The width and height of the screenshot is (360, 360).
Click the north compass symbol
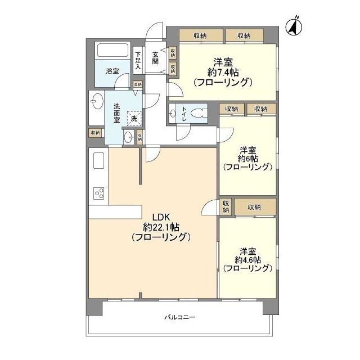pos(294,27)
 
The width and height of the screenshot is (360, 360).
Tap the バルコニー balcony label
pos(180,317)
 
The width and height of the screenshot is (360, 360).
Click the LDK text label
pos(161,217)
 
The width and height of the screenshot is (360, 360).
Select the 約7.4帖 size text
pos(223,73)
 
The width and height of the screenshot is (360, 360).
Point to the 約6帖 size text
pos(247,159)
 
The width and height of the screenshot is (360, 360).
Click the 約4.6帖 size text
pos(247,260)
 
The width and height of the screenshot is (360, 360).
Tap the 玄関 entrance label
pos(155,58)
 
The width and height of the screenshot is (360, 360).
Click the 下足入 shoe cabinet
pos(138,60)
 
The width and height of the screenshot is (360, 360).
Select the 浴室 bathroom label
pos(112,71)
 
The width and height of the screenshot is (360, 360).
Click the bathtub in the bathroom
pos(112,50)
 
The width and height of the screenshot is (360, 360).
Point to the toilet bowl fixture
pos(198,113)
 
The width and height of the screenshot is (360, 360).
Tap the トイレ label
pos(184,114)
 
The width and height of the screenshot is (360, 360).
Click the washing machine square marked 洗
pos(134,119)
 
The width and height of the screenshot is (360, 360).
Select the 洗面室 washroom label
pos(116,113)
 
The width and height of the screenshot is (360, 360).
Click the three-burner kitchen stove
pos(99,193)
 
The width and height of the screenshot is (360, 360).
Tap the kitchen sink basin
pos(99,160)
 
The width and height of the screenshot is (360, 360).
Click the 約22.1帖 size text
pos(161,227)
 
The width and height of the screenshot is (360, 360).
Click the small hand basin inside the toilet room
pos(173,113)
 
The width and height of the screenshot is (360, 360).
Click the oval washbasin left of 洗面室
pos(97,101)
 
